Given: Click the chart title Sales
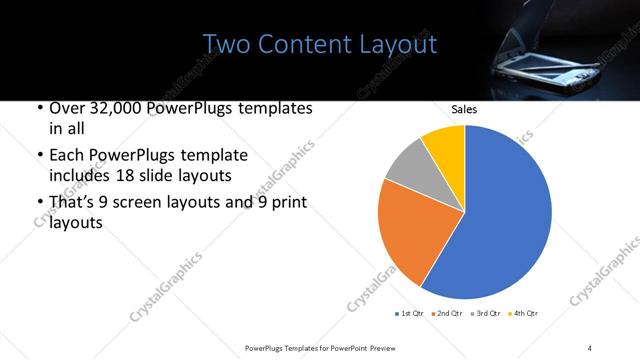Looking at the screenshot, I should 464,109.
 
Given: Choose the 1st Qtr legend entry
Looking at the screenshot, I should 410,314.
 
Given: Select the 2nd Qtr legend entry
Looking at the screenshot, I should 448,314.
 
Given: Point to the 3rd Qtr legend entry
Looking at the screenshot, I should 485,314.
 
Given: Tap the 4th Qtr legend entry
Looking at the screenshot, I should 523,314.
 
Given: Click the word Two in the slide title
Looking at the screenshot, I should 222,45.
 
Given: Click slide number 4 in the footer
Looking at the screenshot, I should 590,347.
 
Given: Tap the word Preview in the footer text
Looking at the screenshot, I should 385,347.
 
